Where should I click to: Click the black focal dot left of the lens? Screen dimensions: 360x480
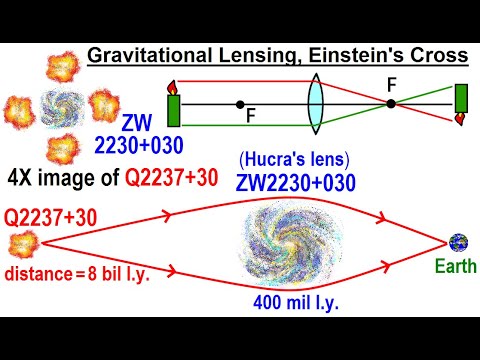point(240,103)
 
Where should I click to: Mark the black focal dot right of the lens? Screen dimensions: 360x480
point(391,103)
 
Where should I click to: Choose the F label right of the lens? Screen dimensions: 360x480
point(392,88)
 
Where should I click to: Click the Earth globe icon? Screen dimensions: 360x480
point(458,241)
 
